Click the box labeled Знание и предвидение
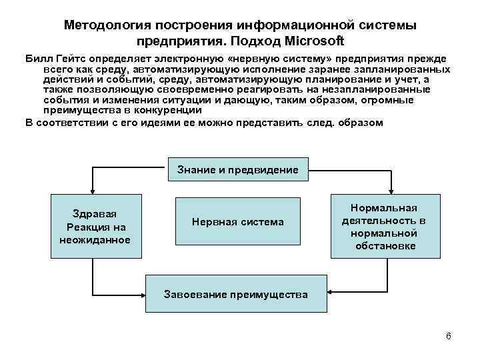point(238,170)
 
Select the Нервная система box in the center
point(237,221)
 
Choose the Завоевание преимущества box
point(236,294)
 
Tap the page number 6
point(449,335)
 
